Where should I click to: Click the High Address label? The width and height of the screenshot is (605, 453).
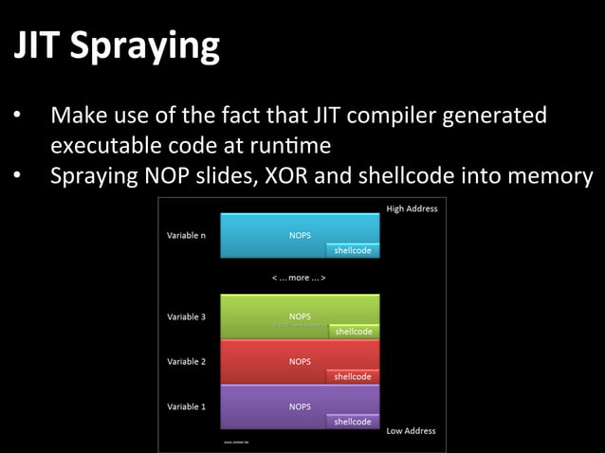412,208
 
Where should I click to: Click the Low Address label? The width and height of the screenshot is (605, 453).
412,431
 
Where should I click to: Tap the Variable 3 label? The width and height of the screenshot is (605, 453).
187,317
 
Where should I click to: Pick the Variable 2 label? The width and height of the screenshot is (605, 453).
187,361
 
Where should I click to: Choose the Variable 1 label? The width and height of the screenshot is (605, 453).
187,407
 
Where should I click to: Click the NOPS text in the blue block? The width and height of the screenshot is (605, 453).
300,234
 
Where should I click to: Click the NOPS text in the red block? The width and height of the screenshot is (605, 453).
300,361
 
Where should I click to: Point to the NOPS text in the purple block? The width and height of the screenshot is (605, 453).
300,406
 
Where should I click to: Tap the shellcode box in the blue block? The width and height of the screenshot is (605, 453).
353,251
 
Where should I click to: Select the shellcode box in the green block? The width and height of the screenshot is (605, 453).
354,332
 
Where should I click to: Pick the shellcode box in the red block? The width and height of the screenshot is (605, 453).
353,376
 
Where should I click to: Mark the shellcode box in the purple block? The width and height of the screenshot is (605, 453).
353,422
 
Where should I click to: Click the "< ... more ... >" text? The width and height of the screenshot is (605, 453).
300,278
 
